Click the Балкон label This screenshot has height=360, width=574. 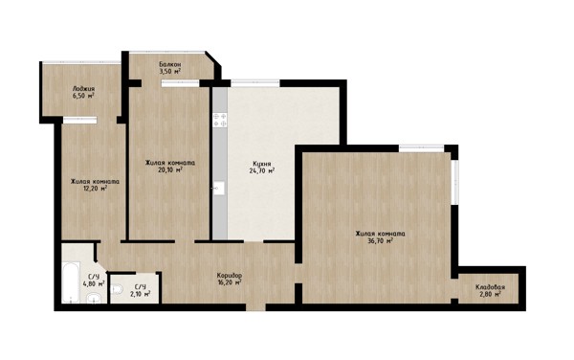pyautogui.click(x=170, y=64)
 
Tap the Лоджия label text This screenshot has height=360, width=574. pyautogui.click(x=83, y=89)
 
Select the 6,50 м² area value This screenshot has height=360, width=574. pyautogui.click(x=83, y=96)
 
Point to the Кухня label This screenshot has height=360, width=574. pyautogui.click(x=262, y=164)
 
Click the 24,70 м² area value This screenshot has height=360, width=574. pyautogui.click(x=262, y=170)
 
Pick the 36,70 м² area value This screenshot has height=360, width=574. pyautogui.click(x=380, y=240)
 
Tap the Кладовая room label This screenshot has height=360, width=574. pyautogui.click(x=490, y=286)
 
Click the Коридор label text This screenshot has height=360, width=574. pyautogui.click(x=230, y=275)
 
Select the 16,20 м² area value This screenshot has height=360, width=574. pyautogui.click(x=230, y=282)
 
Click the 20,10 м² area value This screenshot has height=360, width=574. pyautogui.click(x=169, y=169)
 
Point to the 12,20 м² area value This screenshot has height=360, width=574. pyautogui.click(x=95, y=189)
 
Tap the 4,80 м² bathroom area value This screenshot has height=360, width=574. pyautogui.click(x=94, y=283)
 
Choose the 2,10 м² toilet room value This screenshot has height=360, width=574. pyautogui.click(x=141, y=294)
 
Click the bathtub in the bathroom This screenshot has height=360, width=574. pyautogui.click(x=71, y=282)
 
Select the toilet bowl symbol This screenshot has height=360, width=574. pyautogui.click(x=117, y=290)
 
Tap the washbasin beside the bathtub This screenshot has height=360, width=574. pyautogui.click(x=94, y=299)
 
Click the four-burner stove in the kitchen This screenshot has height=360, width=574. pyautogui.click(x=220, y=121)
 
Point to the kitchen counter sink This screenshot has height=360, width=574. pyautogui.click(x=218, y=189)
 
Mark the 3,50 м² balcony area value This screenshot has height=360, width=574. pyautogui.click(x=170, y=72)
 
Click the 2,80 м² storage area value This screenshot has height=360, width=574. pyautogui.click(x=490, y=294)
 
